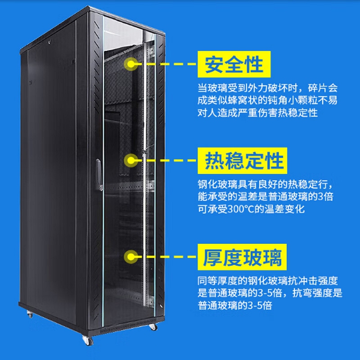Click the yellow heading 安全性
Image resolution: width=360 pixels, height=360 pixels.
click(234, 64)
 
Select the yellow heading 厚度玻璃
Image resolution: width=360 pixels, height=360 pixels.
click(242, 257)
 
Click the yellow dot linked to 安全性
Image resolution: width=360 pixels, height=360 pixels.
click(131, 64)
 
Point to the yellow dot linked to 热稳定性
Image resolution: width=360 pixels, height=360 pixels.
click(131, 160)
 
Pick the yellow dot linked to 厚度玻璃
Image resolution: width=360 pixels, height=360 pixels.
click(131, 257)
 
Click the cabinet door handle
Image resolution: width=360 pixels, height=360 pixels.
click(99, 175)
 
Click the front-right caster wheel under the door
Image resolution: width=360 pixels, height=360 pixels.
click(153, 327)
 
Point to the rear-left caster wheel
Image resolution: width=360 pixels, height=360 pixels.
click(30, 314)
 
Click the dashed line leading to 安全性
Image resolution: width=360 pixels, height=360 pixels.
click(167, 64)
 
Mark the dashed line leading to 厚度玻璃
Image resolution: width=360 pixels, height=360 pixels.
click(167, 257)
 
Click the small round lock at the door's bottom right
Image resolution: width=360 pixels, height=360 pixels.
click(161, 306)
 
